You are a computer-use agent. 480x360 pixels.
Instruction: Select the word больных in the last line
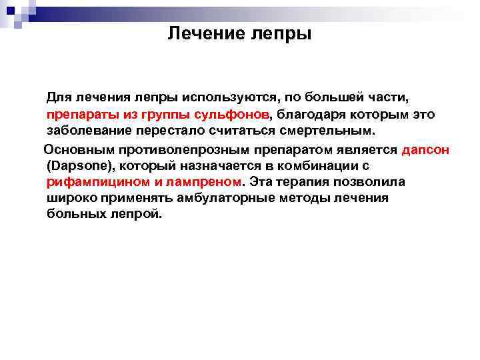point(76,214)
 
